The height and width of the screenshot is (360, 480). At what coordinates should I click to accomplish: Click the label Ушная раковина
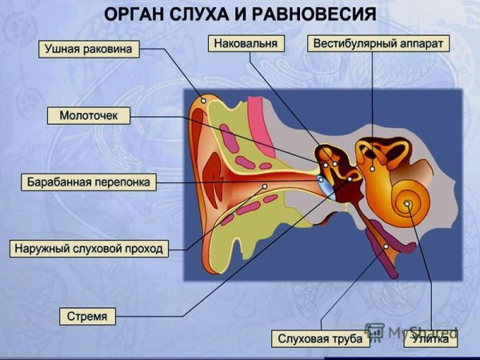tap(89, 50)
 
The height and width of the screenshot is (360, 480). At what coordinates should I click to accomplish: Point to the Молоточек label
tap(89, 116)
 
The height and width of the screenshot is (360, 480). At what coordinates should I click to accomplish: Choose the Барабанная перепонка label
tap(88, 182)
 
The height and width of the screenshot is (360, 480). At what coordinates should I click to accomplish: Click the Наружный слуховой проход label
tap(89, 249)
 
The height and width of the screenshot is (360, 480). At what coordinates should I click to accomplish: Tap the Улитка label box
tap(430, 339)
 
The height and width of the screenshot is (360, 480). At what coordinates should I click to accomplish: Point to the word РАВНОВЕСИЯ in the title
tap(318, 14)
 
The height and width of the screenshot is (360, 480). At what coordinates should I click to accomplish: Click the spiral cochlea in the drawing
tap(409, 200)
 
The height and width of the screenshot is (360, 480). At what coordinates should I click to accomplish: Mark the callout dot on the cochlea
tap(408, 204)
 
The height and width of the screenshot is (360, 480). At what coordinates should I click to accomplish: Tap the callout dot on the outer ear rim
tap(204, 101)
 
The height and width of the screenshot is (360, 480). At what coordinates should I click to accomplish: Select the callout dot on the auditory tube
tap(386, 246)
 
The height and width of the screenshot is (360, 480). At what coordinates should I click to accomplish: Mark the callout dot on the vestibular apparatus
tap(372, 169)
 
